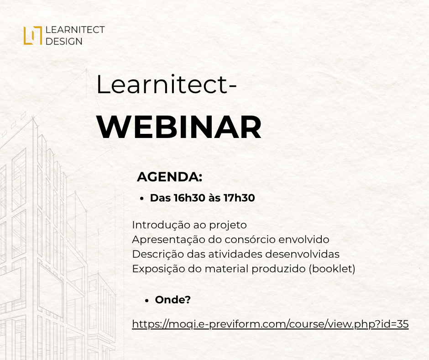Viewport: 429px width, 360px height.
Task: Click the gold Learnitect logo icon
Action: [x=32, y=35]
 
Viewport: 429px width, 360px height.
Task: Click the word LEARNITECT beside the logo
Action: [x=75, y=30]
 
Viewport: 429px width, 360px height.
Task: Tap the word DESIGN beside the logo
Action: [x=64, y=42]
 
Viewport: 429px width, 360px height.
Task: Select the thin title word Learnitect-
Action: [x=166, y=85]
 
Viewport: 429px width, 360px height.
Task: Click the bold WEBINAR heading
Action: [x=179, y=127]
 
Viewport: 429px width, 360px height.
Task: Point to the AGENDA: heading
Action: [x=170, y=177]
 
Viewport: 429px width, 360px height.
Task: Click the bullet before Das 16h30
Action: [x=141, y=199]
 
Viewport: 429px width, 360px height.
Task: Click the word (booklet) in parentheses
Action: [x=332, y=269]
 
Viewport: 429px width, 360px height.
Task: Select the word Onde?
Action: [x=173, y=300]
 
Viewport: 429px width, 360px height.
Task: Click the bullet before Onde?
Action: [x=146, y=301]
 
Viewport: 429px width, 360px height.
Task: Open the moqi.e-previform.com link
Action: [x=270, y=324]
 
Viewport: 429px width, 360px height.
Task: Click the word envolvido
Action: [x=304, y=240]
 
